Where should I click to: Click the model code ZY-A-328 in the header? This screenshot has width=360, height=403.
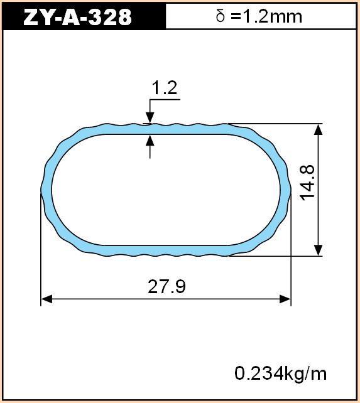pos(77,17)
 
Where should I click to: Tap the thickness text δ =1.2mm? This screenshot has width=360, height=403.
pos(259,16)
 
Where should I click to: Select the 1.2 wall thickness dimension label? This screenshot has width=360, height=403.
pos(165,88)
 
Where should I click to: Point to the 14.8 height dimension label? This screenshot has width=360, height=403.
pos(308,183)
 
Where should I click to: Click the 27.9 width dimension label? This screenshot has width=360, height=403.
pos(166,287)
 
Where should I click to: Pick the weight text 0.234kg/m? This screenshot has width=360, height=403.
pos(280,373)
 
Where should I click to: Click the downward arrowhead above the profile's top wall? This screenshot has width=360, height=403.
pos(150,118)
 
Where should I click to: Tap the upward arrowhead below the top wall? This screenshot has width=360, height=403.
pos(150,141)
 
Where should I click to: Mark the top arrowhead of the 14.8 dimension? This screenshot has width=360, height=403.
pos(319,129)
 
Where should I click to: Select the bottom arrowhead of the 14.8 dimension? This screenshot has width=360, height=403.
pos(319,250)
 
